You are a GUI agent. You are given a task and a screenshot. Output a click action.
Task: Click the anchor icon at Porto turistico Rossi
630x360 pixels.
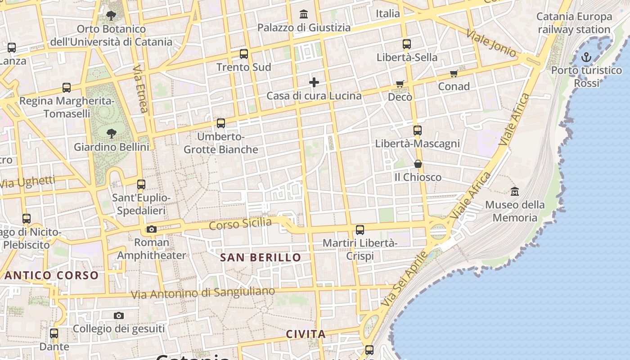pyautogui.click(x=586, y=57)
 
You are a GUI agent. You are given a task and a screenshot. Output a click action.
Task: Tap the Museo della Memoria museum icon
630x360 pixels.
pyautogui.click(x=515, y=192)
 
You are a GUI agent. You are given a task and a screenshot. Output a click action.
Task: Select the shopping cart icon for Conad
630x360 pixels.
pyautogui.click(x=454, y=73)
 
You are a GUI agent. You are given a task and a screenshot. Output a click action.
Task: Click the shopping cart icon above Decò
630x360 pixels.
pyautogui.click(x=400, y=84)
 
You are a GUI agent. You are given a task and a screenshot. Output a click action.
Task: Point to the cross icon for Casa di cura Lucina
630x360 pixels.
pyautogui.click(x=314, y=82)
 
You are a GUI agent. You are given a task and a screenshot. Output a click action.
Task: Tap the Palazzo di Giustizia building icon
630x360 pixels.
pyautogui.click(x=304, y=14)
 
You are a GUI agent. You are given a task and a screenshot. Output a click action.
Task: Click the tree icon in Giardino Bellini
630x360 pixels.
pyautogui.click(x=111, y=133)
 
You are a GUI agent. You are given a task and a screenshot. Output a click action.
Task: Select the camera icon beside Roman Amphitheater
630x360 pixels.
pyautogui.click(x=152, y=229)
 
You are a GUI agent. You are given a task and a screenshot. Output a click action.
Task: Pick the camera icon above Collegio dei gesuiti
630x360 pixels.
pyautogui.click(x=119, y=315)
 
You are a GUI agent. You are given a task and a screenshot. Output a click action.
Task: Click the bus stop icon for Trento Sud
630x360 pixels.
pyautogui.click(x=244, y=54)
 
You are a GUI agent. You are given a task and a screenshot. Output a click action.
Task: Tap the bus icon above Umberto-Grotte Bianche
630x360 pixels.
pyautogui.click(x=220, y=123)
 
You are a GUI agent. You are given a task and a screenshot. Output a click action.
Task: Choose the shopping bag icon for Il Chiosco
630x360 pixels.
pyautogui.click(x=418, y=164)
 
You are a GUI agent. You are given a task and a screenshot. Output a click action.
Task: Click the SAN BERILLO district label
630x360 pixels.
pyautogui.click(x=261, y=257)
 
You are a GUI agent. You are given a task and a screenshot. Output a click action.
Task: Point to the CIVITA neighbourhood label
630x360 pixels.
pyautogui.click(x=306, y=334)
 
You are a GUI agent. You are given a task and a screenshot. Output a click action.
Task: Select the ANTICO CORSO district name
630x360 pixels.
pyautogui.click(x=51, y=275)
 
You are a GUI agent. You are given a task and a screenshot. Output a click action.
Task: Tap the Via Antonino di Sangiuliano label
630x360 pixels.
pyautogui.click(x=203, y=293)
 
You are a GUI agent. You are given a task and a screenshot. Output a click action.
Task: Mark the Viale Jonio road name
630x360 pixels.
pyautogui.click(x=491, y=43)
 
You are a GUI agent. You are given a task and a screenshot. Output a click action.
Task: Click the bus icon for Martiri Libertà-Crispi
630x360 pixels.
pyautogui.click(x=360, y=230)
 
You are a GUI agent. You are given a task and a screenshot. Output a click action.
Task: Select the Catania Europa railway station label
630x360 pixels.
pyautogui.click(x=574, y=23)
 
